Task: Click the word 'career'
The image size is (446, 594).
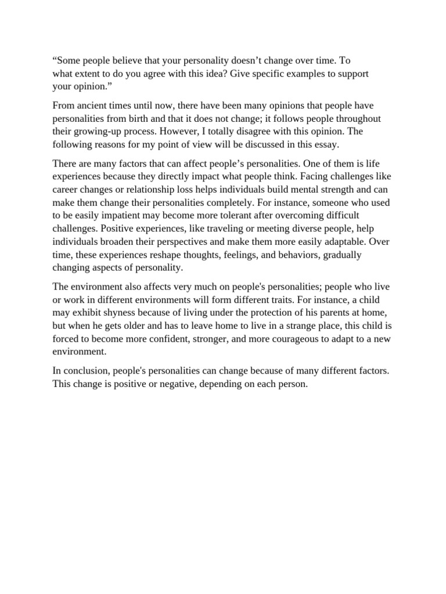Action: click(66, 190)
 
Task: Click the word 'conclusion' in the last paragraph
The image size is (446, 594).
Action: click(85, 371)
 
